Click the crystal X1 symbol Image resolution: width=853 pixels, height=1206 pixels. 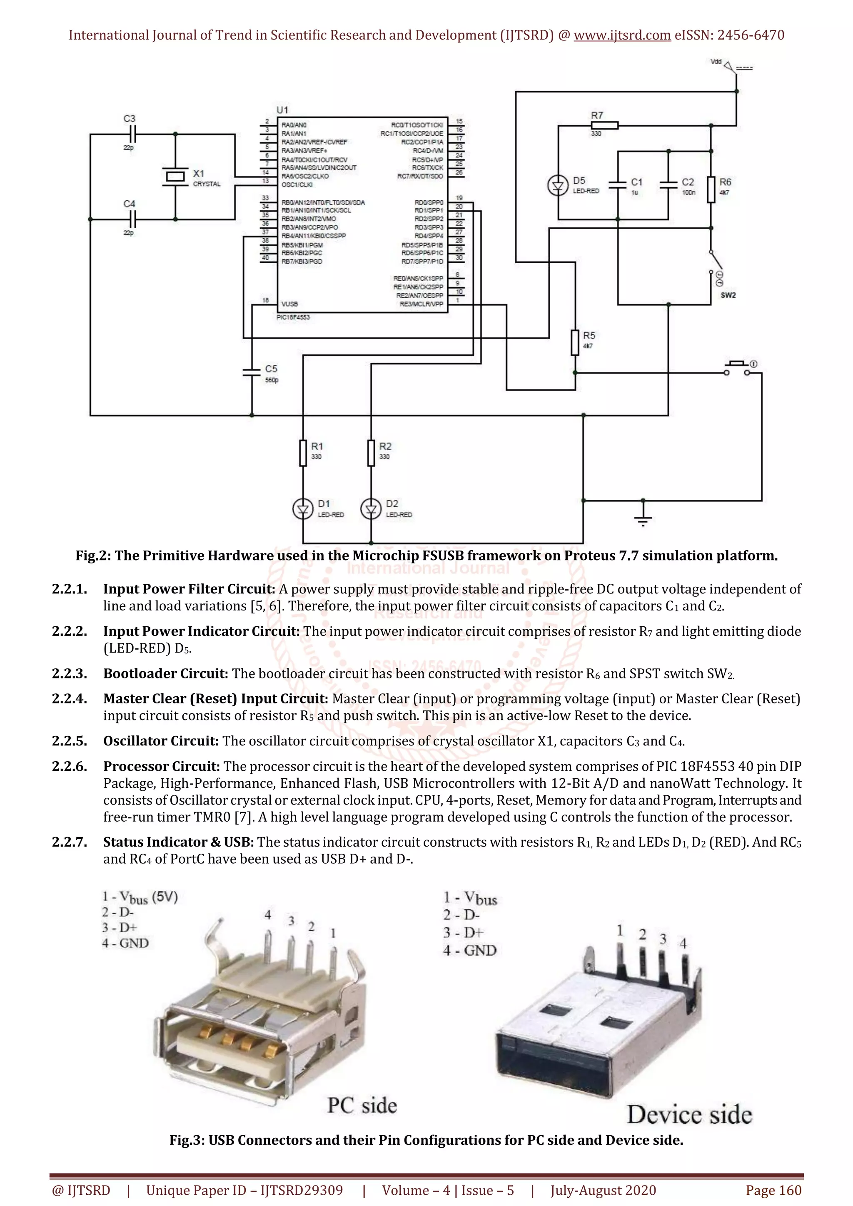pyautogui.click(x=175, y=177)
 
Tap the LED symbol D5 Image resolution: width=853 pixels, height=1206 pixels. pyautogui.click(x=558, y=185)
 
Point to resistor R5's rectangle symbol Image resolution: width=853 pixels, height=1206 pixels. pyautogui.click(x=575, y=342)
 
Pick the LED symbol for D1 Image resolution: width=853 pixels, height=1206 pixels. pyautogui.click(x=302, y=508)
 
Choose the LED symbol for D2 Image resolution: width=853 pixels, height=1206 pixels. pyautogui.click(x=371, y=508)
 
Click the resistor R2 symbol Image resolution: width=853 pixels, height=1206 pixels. pyautogui.click(x=371, y=453)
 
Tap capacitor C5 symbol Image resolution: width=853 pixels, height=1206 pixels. pyautogui.click(x=252, y=372)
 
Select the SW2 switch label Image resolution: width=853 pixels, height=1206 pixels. pyautogui.click(x=728, y=295)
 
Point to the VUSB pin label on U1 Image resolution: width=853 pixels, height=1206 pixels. pyautogui.click(x=289, y=304)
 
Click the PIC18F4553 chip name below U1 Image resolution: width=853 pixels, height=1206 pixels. pyautogui.click(x=293, y=317)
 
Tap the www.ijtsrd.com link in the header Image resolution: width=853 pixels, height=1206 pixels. pyautogui.click(x=622, y=35)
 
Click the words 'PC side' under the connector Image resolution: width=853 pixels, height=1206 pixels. pyautogui.click(x=362, y=1106)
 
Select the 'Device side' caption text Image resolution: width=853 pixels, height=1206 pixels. pyautogui.click(x=689, y=1115)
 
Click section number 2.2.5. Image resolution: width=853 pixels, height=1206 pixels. pyautogui.click(x=69, y=741)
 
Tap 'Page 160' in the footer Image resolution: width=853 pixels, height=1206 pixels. pyautogui.click(x=773, y=1190)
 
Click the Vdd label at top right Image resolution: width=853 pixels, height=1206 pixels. pyautogui.click(x=716, y=62)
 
